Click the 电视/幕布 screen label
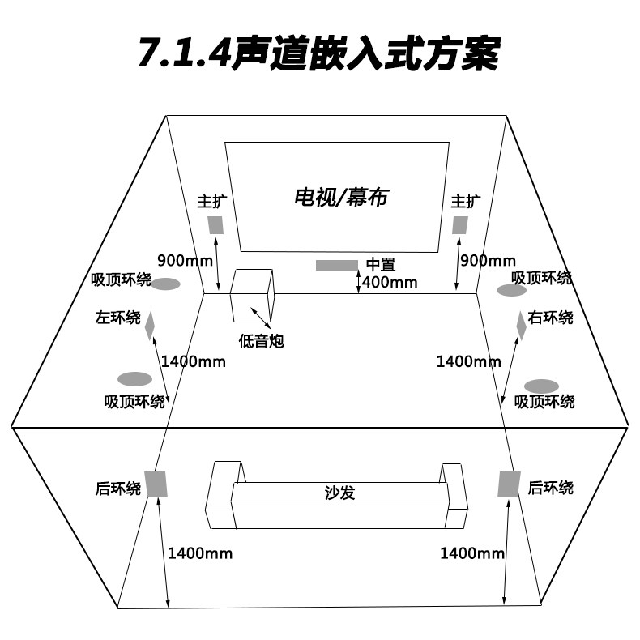click(340, 197)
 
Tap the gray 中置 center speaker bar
click(336, 265)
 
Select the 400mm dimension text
click(390, 282)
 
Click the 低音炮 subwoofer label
click(261, 341)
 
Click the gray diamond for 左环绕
click(149, 325)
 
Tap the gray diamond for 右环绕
click(521, 324)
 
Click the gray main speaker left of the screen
click(215, 224)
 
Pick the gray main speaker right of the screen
click(460, 224)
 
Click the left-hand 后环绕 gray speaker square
click(156, 484)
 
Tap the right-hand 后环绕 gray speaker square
click(508, 483)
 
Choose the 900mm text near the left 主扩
click(185, 261)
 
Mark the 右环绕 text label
click(551, 317)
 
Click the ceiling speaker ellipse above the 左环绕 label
click(166, 284)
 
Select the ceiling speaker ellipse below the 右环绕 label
click(541, 386)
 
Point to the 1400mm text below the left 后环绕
click(200, 553)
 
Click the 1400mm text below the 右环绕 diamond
click(469, 361)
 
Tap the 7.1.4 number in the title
click(183, 53)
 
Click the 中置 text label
click(380, 264)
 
